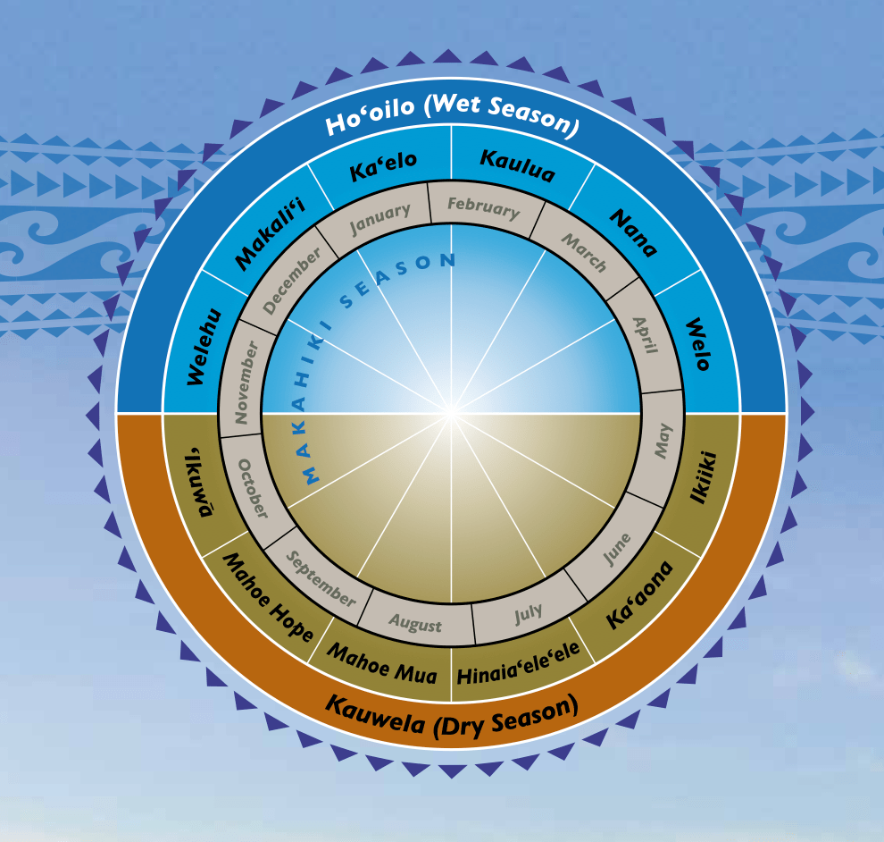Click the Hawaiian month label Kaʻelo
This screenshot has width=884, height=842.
point(382,166)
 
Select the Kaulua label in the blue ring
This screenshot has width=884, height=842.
point(517,165)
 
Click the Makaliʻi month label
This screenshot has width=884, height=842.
point(258,235)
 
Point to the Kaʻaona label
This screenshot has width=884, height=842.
point(638,594)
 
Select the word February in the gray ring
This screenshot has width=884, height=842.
point(483,207)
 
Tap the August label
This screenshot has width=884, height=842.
point(415,622)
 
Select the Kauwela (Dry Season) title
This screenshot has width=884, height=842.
point(452,716)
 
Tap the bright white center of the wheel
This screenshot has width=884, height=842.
point(451,413)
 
